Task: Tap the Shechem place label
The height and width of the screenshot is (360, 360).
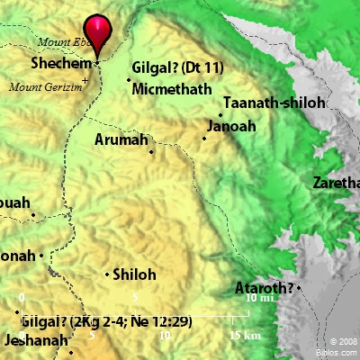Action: (61, 65)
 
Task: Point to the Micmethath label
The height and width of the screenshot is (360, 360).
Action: (172, 89)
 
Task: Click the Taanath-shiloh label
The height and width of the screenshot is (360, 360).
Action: (274, 104)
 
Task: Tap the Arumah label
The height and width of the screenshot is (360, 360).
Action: (121, 140)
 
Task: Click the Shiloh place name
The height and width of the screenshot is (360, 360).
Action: (136, 275)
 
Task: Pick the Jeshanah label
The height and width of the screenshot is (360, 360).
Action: (36, 341)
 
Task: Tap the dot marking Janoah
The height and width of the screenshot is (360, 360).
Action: (204, 138)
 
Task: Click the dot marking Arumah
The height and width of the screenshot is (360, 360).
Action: (152, 151)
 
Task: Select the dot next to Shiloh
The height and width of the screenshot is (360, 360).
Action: (108, 274)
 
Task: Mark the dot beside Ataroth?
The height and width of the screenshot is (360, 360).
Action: (299, 288)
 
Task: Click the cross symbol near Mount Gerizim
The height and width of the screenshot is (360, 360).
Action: (85, 81)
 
